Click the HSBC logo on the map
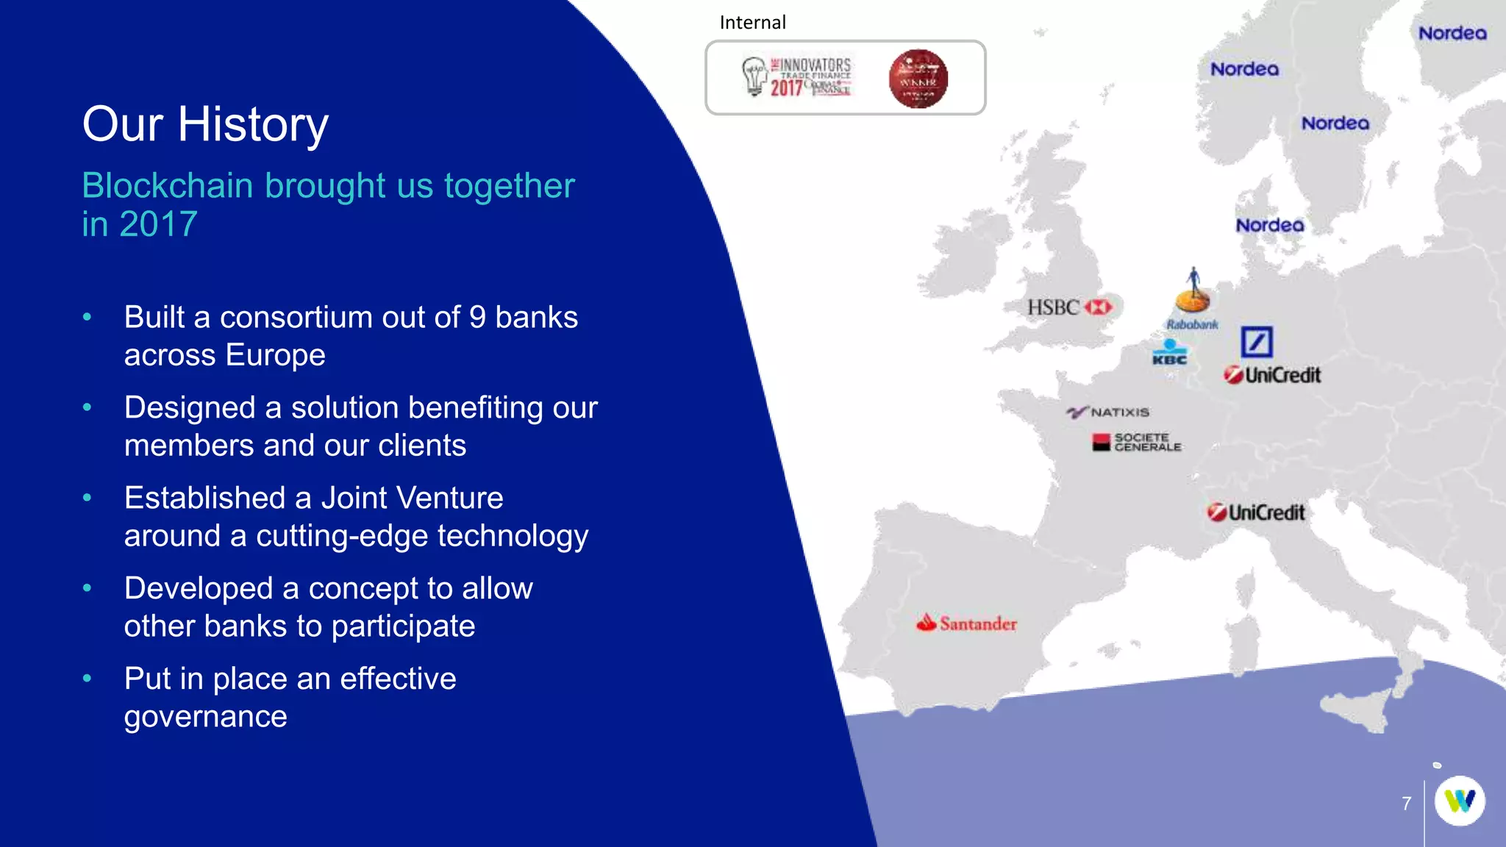tap(1069, 307)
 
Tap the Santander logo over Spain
tap(966, 623)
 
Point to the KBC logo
tap(1169, 353)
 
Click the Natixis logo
tap(1108, 412)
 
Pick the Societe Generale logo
tap(1137, 442)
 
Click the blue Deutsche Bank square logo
tap(1257, 342)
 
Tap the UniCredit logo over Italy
tap(1256, 512)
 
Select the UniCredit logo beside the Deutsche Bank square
tap(1273, 375)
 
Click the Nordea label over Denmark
tap(1270, 225)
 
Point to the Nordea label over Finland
tap(1452, 33)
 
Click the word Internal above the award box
tap(752, 23)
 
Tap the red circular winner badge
tap(918, 79)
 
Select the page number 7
tap(1406, 804)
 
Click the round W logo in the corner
tap(1460, 801)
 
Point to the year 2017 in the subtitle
tap(158, 224)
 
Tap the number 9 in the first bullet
tap(477, 318)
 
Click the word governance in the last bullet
tap(205, 717)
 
